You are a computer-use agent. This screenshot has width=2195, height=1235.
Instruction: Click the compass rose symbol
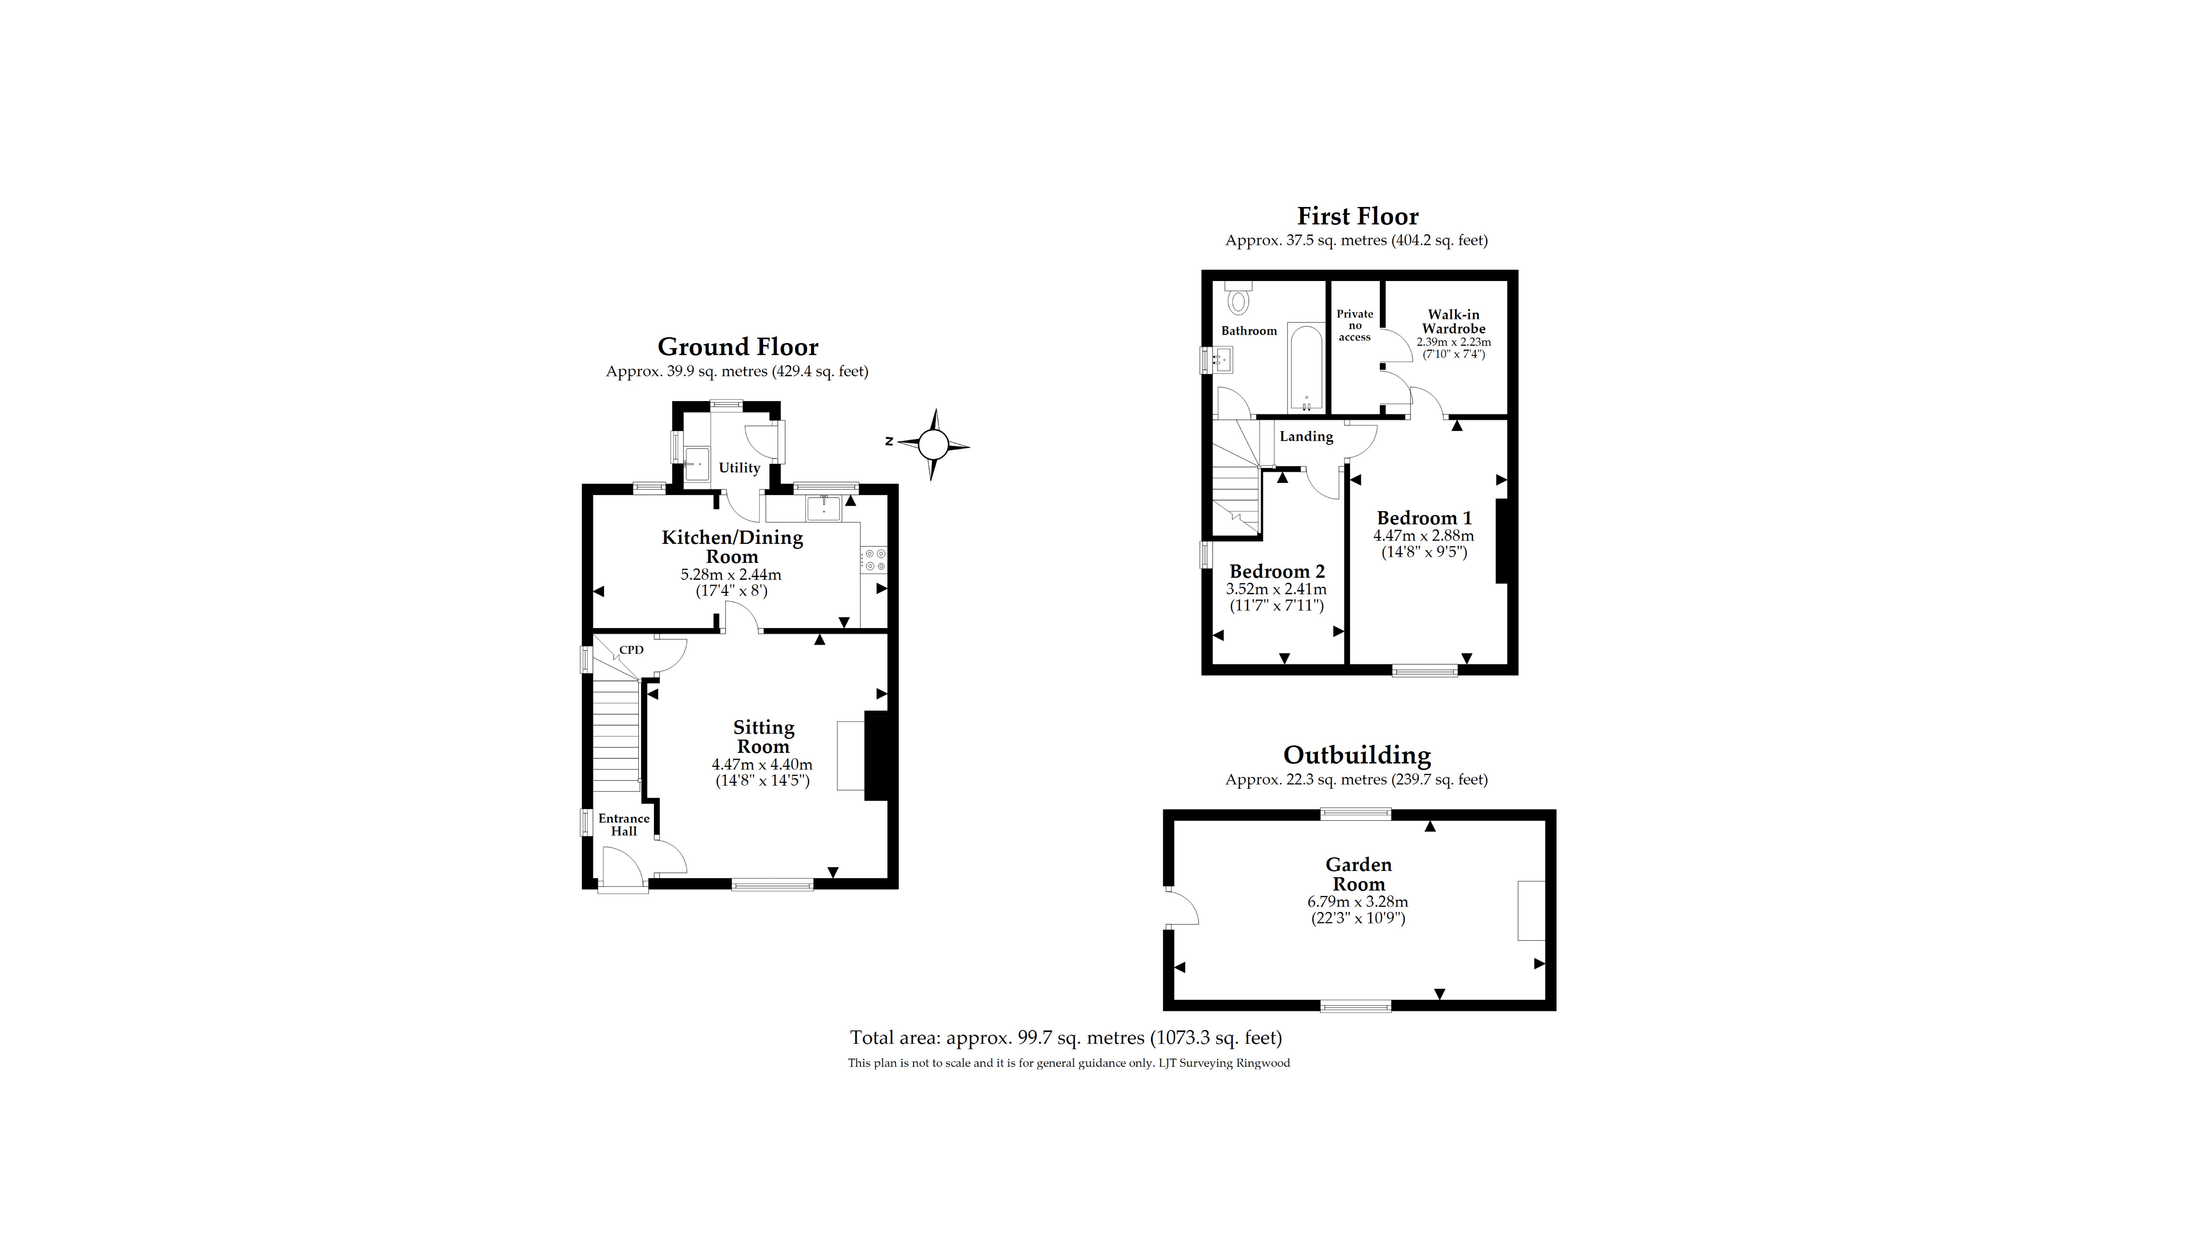933,444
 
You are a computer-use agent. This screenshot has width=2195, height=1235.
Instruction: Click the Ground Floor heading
738,347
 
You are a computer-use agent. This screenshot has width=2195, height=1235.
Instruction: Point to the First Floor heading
1357,216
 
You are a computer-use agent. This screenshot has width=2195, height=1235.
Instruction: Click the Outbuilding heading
1356,755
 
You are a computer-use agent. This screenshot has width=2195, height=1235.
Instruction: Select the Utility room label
739,468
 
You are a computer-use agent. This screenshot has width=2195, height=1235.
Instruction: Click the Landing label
1306,436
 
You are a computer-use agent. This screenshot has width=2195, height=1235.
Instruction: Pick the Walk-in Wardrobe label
1454,321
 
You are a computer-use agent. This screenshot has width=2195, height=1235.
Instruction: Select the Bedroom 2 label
1276,571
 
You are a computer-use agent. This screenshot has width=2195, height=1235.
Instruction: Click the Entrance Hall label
624,824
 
